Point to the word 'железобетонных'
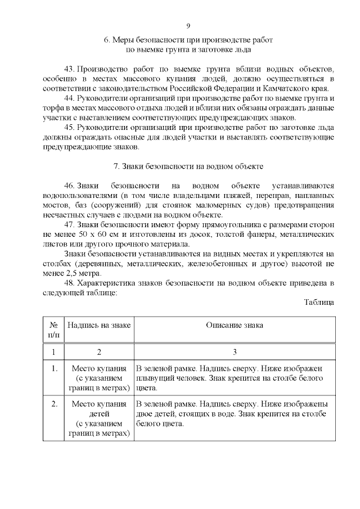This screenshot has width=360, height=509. pyautogui.click(x=234, y=263)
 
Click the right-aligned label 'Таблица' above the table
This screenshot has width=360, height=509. pyautogui.click(x=319, y=301)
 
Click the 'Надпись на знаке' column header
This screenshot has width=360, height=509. pyautogui.click(x=99, y=325)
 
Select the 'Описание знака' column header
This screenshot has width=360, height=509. pyautogui.click(x=234, y=325)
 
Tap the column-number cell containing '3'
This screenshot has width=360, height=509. pyautogui.click(x=234, y=352)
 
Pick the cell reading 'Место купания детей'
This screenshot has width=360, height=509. pyautogui.click(x=99, y=409)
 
